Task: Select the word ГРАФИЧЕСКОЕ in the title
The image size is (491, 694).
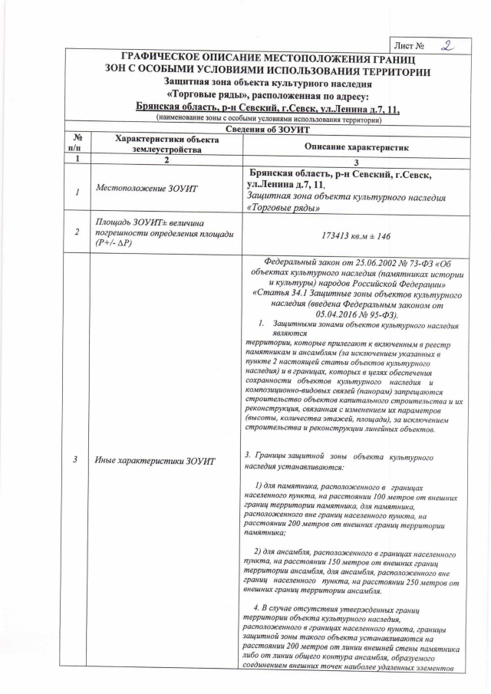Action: point(165,59)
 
